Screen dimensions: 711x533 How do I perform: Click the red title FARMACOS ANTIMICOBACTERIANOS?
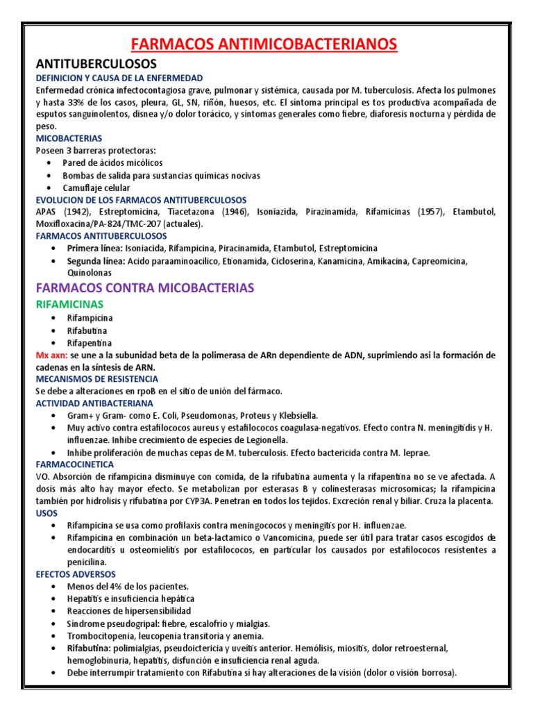(x=266, y=44)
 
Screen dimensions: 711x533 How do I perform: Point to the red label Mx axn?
(x=53, y=355)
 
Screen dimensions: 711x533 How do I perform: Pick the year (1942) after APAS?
(x=78, y=212)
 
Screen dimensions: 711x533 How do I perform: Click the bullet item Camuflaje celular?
(x=96, y=187)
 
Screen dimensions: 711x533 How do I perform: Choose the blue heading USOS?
(x=47, y=512)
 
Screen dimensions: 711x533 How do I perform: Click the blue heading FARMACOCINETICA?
(x=71, y=465)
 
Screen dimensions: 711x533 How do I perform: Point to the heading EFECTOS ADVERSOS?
(x=76, y=574)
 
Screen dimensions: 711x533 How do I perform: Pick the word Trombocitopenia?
(x=101, y=636)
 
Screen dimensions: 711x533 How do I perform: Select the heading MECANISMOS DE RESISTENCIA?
(x=97, y=379)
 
